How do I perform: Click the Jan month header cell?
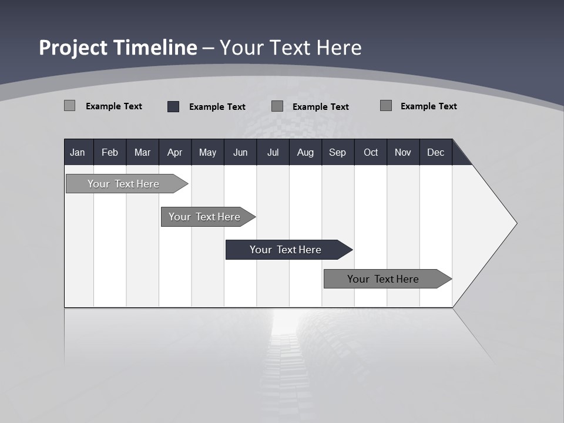(78, 152)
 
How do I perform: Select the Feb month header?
(110, 152)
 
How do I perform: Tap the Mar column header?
(142, 152)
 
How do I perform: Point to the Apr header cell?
(174, 152)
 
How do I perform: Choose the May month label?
(207, 152)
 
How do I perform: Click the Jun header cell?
(240, 152)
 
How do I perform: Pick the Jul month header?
(273, 152)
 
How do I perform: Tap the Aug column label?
(305, 152)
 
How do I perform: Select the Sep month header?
(338, 152)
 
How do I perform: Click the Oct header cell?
(371, 152)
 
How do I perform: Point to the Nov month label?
(403, 152)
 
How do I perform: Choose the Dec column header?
(436, 152)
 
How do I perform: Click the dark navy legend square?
(173, 106)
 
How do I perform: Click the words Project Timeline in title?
(118, 48)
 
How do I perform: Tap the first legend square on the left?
(70, 106)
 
